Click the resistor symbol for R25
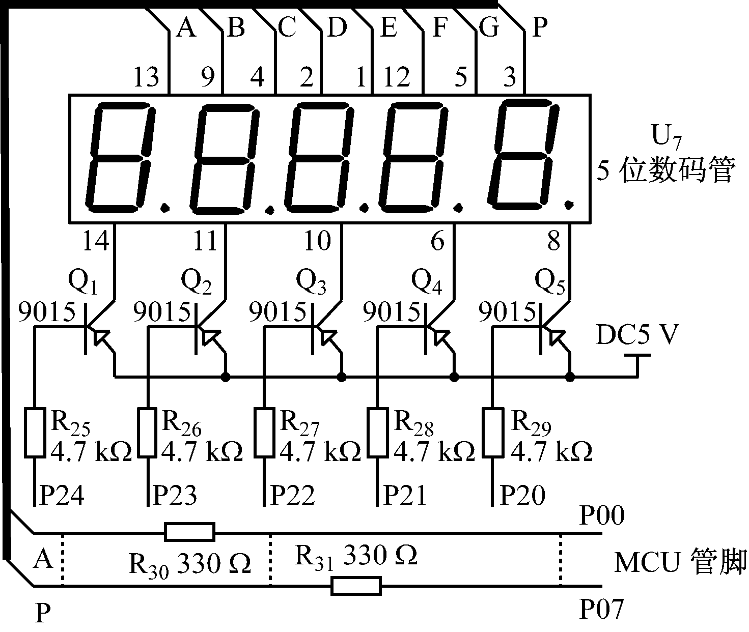tap(35, 432)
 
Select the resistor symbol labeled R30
tap(189, 532)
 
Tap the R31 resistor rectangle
tap(356, 586)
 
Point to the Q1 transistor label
tap(83, 283)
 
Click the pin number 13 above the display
tap(146, 78)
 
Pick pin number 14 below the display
tap(95, 241)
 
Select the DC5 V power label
tap(637, 335)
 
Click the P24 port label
tap(62, 495)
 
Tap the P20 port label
tap(522, 495)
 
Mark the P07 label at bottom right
tap(601, 609)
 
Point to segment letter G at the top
tap(489, 28)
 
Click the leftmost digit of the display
tap(120, 158)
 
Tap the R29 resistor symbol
tap(492, 432)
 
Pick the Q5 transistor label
tap(550, 283)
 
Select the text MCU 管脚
tap(680, 563)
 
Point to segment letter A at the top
tap(185, 28)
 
